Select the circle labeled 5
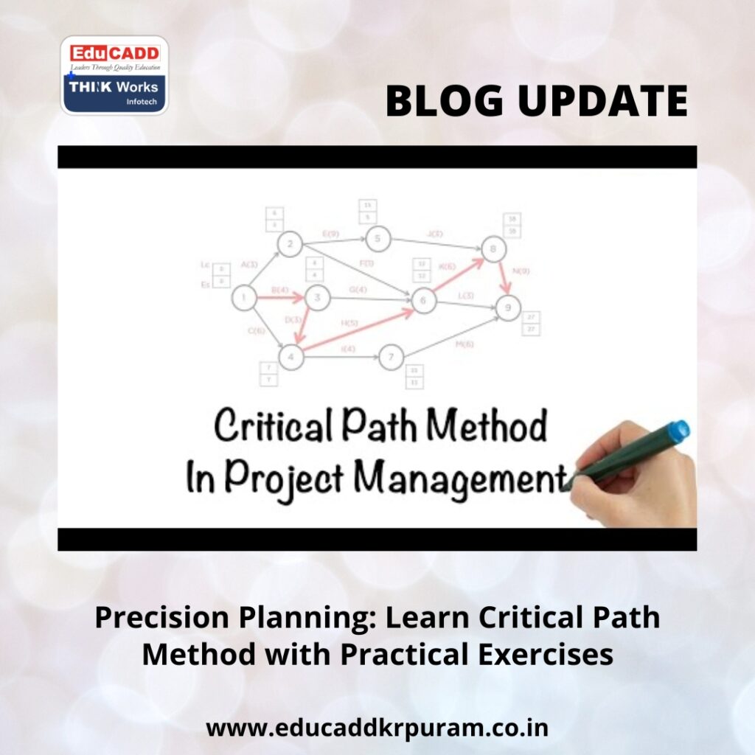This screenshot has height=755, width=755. [x=377, y=239]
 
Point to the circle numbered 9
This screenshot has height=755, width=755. [x=507, y=307]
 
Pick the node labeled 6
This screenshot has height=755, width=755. [x=423, y=301]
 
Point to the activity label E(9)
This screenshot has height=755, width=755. [x=333, y=233]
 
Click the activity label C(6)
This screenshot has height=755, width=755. [x=257, y=331]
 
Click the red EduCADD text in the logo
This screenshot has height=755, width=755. [x=114, y=53]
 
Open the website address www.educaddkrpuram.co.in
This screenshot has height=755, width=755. [x=377, y=728]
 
